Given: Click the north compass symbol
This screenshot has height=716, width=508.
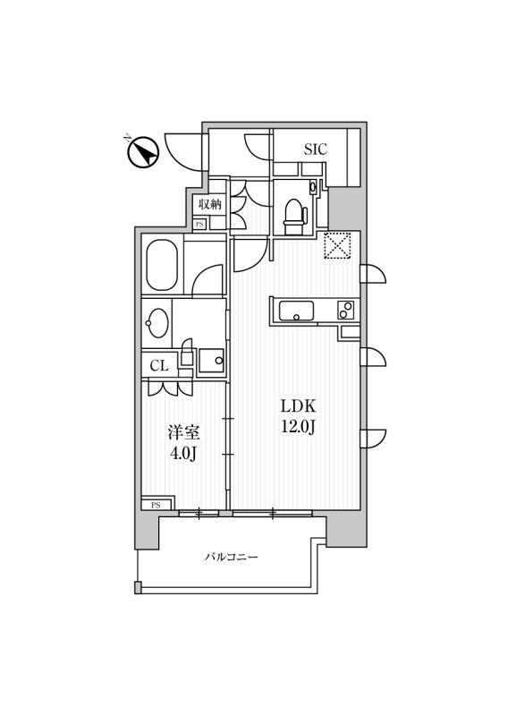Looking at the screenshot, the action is [x=141, y=152].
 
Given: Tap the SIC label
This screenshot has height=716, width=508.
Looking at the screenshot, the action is [x=316, y=149].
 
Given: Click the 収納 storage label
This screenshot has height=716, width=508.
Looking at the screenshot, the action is [x=209, y=204].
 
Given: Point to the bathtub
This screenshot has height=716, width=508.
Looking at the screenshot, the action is [x=162, y=265].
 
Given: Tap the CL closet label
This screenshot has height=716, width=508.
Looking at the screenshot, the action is [x=159, y=365].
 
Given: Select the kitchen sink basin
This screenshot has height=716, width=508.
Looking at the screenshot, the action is [x=296, y=311].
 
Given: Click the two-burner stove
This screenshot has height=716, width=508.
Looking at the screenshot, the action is [x=345, y=311].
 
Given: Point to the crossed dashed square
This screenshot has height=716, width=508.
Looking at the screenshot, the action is [x=337, y=245].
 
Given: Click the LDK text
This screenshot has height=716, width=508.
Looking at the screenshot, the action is [x=298, y=406].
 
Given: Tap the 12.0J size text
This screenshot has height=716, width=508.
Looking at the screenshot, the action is [x=298, y=427].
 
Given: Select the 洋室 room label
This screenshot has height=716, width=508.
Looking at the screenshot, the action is [x=183, y=433].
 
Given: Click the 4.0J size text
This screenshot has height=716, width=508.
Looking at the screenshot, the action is [x=183, y=454].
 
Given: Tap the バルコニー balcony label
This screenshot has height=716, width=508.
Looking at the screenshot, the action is [x=231, y=557].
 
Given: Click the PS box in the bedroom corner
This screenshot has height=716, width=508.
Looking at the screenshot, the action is [x=157, y=505].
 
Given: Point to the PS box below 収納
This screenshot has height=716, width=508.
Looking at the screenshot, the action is [x=199, y=225].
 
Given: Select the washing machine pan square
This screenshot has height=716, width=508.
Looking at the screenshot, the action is [x=211, y=361].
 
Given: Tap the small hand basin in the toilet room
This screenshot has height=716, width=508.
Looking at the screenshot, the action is [x=313, y=186].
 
